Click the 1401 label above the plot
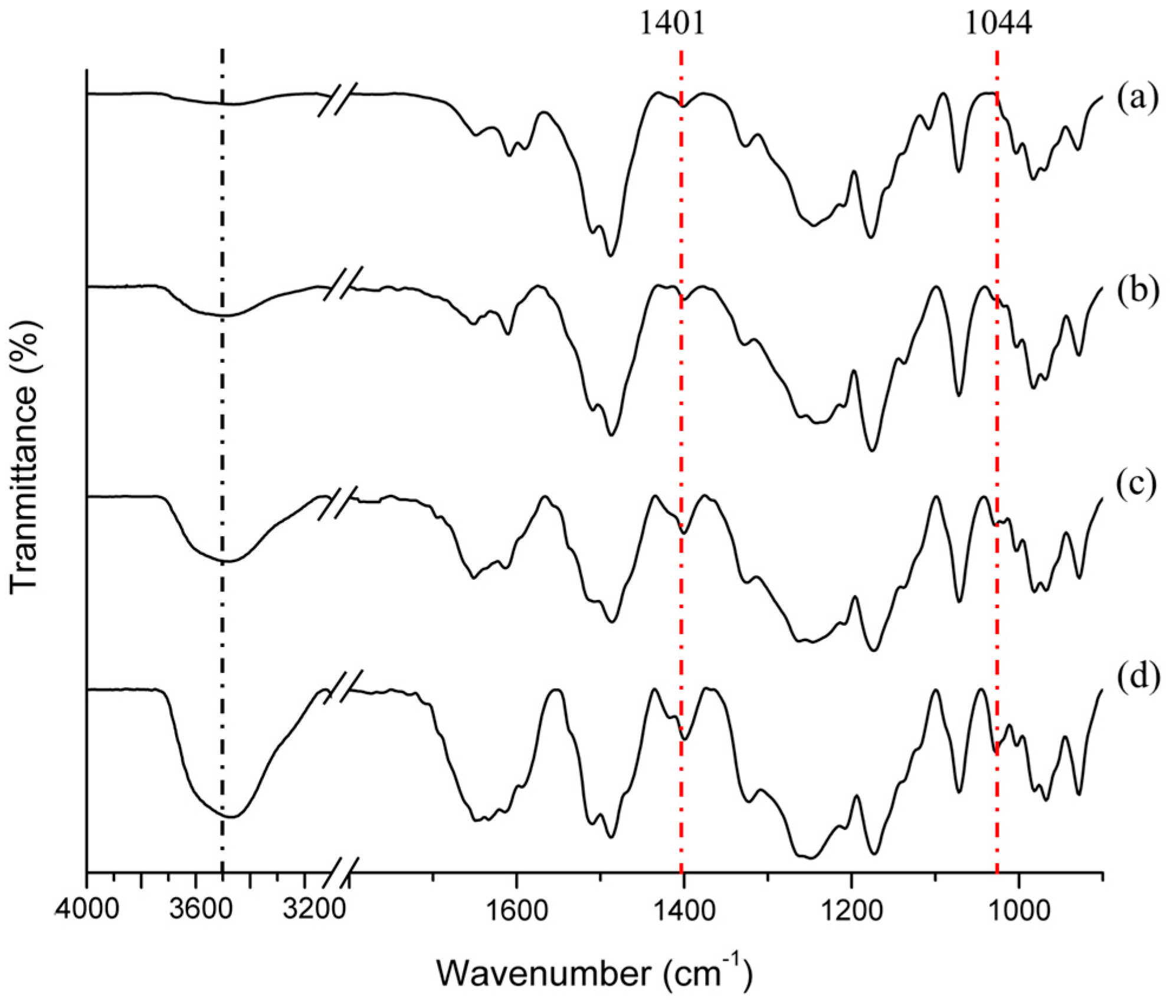[x=673, y=25]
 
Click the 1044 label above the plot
[x=998, y=25]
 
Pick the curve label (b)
[x=1138, y=293]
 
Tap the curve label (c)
[x=1138, y=487]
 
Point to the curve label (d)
[x=1138, y=678]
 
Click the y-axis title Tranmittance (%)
[x=25, y=454]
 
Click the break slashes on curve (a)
[x=336, y=98]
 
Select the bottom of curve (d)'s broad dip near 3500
[x=231, y=817]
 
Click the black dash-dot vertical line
[x=222, y=413]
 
